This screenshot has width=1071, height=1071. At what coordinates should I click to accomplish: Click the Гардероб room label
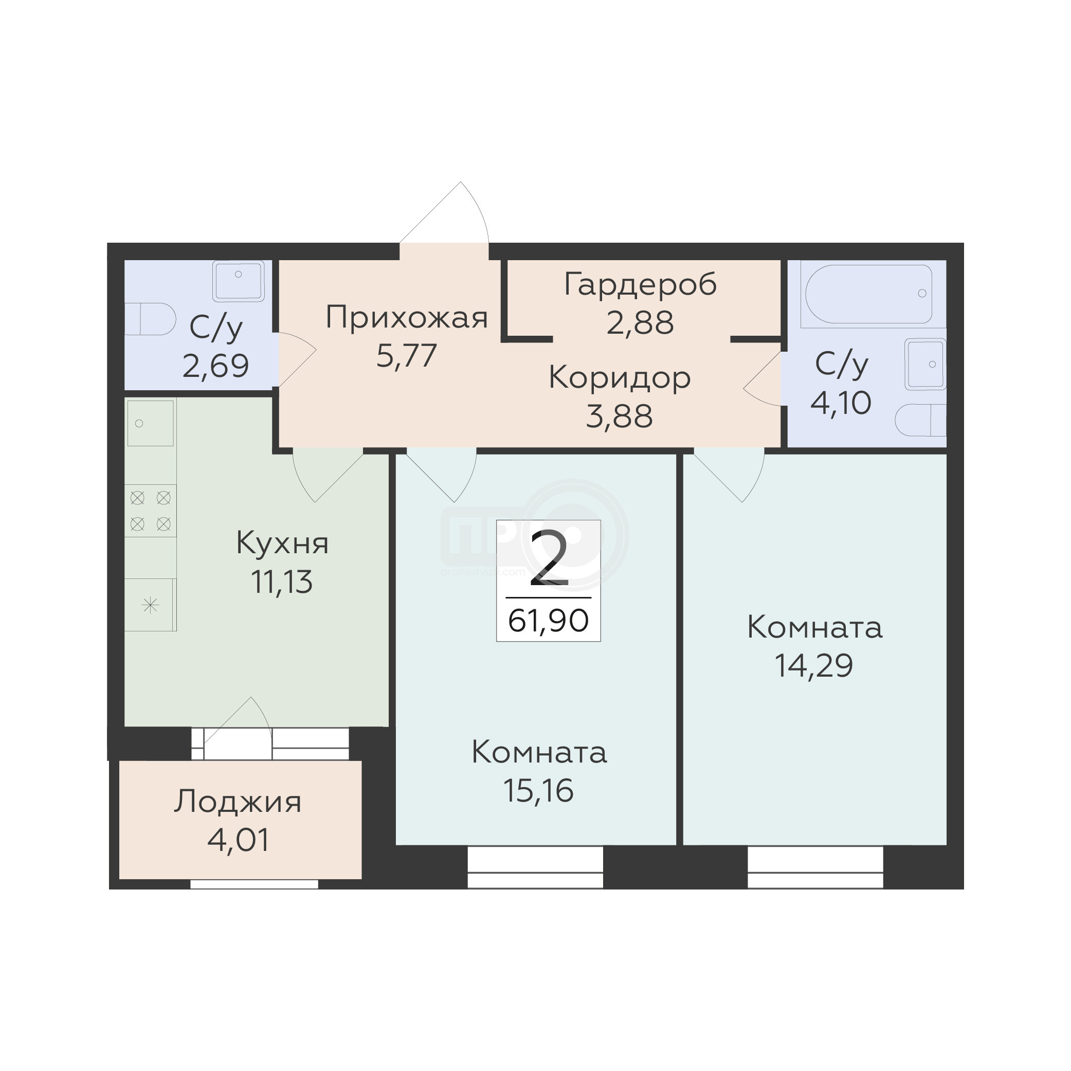coord(640,285)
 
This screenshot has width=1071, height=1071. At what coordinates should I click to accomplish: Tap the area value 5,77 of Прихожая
coord(406,356)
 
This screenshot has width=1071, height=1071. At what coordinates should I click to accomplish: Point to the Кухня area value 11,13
coord(282,582)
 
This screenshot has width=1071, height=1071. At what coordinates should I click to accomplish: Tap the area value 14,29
coord(814,666)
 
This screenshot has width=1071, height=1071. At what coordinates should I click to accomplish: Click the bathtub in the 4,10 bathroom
coord(868,293)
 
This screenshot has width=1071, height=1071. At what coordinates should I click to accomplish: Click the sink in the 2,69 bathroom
coord(239,281)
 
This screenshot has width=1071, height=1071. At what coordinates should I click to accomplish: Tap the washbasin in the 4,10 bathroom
coord(925,364)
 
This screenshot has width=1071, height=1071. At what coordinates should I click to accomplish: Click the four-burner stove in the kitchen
coord(150,511)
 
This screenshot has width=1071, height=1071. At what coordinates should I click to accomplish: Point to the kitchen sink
coord(150,423)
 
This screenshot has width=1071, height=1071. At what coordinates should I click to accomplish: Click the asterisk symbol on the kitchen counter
coord(150,605)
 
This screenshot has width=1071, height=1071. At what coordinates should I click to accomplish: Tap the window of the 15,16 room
coord(535,866)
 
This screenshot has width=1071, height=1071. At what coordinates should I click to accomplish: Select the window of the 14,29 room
coord(815,866)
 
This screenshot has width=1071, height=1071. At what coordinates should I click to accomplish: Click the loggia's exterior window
coord(254,884)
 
